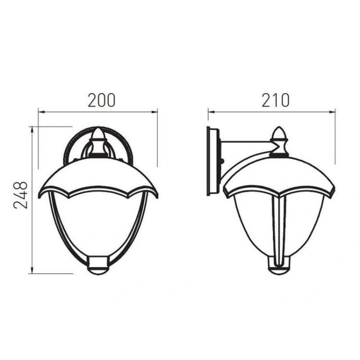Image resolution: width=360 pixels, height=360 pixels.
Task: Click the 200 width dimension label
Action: pyautogui.click(x=101, y=100)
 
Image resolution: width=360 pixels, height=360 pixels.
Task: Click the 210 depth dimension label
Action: pyautogui.click(x=276, y=100)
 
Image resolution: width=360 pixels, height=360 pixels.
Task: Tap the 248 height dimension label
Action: pyautogui.click(x=20, y=195)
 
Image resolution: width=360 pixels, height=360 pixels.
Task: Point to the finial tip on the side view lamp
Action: pyautogui.click(x=279, y=127)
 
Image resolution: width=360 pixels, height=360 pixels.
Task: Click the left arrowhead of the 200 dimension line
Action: pyautogui.click(x=41, y=112)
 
